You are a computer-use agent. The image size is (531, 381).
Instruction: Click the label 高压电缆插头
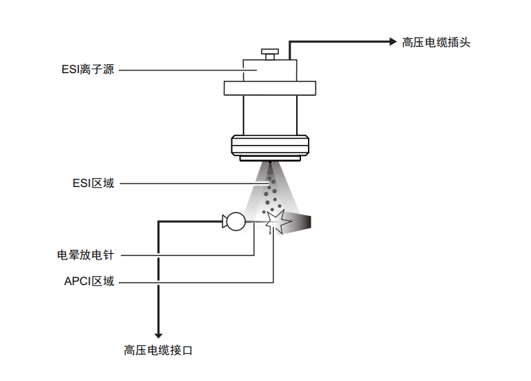point(436,42)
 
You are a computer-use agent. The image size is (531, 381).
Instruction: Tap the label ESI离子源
point(88,70)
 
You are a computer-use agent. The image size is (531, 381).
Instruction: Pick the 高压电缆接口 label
point(158,351)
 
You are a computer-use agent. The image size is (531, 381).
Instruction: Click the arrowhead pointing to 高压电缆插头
point(389,42)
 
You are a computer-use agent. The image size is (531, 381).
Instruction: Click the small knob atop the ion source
point(269,52)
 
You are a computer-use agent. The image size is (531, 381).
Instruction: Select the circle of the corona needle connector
point(235,222)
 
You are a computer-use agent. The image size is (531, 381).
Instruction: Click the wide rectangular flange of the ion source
point(270,89)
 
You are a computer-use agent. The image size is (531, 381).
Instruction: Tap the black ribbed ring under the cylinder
point(270,146)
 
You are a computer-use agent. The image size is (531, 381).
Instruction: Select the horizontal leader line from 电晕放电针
point(186,255)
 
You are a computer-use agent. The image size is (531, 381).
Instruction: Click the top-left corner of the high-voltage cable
point(160,222)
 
